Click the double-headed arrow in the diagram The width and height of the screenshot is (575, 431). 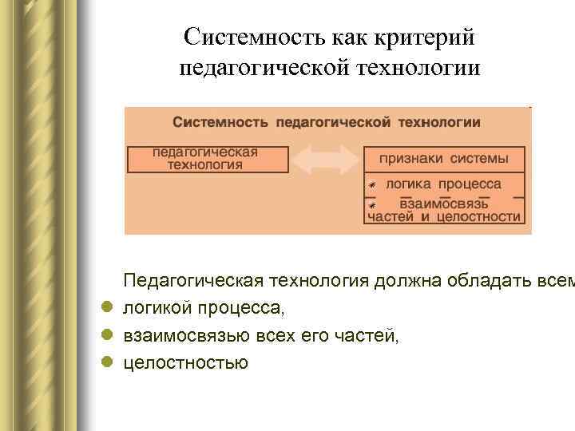326,159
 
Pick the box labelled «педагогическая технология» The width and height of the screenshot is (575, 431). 208,159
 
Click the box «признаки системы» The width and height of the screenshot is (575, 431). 444,158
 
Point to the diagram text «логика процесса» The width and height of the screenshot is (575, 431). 443,184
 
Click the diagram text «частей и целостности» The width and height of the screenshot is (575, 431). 444,216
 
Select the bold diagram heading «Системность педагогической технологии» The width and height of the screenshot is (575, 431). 327,122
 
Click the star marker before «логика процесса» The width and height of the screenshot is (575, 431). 372,185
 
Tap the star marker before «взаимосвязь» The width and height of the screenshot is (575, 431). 372,204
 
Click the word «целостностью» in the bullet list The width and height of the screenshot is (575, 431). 185,363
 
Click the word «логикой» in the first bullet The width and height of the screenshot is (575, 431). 157,309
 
